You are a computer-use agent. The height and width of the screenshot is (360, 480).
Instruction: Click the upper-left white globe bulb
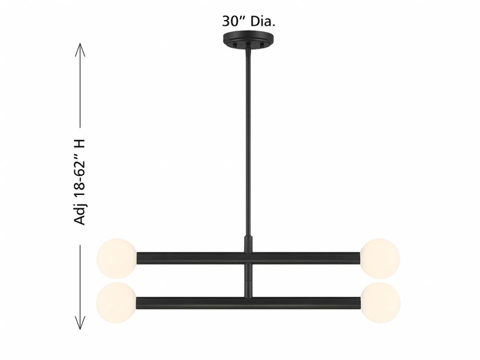(117, 259)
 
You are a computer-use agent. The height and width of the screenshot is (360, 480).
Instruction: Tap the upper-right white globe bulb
(380, 259)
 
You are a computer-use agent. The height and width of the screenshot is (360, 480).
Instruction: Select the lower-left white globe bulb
(117, 302)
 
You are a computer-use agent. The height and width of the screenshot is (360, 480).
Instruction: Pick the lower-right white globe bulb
(380, 302)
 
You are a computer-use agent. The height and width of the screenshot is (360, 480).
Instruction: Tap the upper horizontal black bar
(248, 258)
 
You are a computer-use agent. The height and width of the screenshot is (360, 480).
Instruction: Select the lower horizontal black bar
(248, 302)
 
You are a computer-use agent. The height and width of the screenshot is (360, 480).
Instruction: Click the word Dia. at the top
(263, 22)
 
